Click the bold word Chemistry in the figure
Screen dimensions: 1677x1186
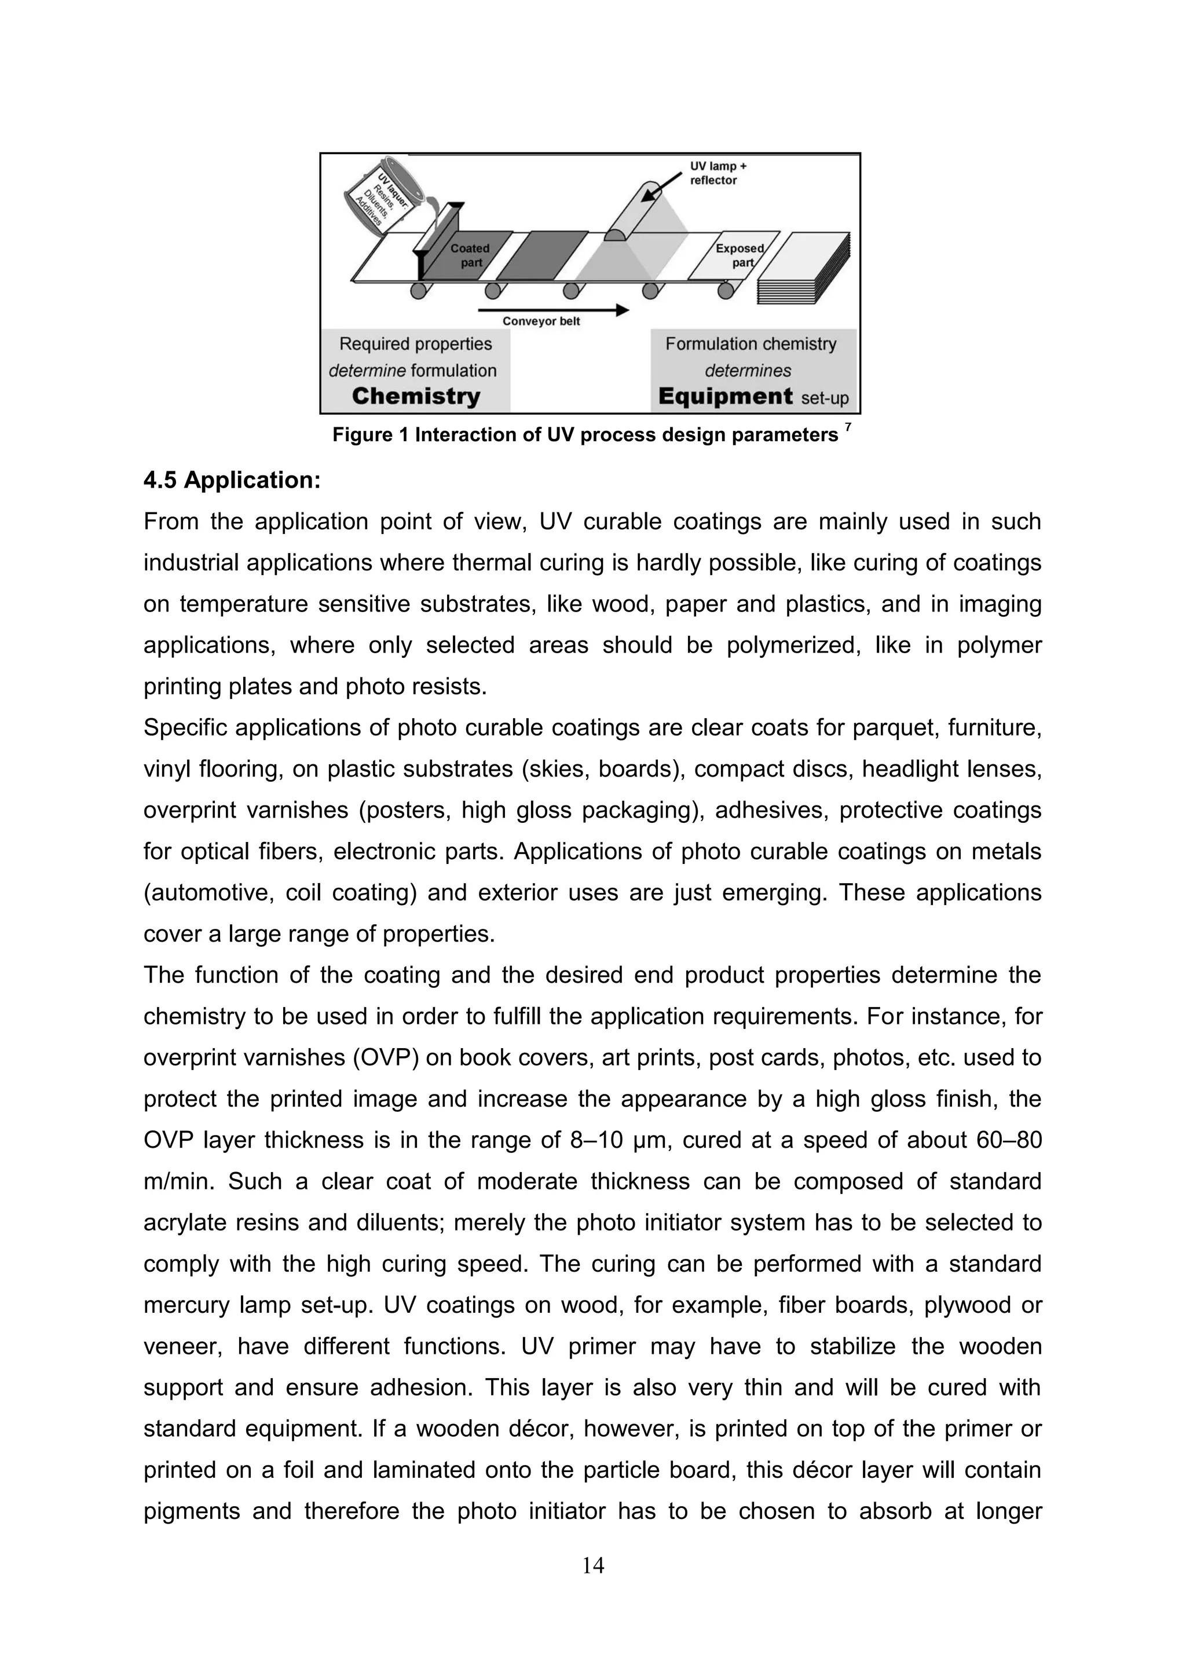pyautogui.click(x=416, y=397)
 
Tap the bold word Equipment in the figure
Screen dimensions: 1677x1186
pyautogui.click(x=724, y=397)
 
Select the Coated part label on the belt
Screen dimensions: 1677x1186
pyautogui.click(x=470, y=255)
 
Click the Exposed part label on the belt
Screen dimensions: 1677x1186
pyautogui.click(x=739, y=255)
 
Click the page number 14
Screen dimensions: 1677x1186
pyautogui.click(x=593, y=1565)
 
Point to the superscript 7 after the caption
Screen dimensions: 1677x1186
pyautogui.click(x=847, y=427)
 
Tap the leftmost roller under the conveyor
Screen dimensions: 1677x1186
pyautogui.click(x=419, y=291)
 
